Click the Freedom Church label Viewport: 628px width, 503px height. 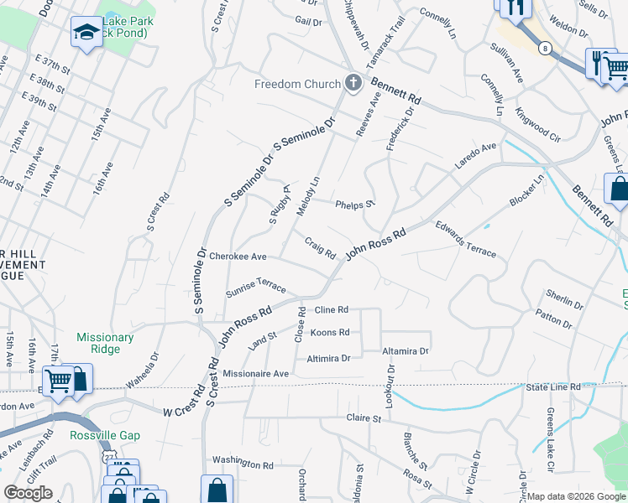(298, 84)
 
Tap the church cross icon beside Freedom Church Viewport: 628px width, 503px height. (353, 83)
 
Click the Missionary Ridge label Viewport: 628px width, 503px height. (105, 344)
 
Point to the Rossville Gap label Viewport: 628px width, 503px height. (106, 435)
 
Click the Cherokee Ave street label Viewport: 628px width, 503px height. (238, 257)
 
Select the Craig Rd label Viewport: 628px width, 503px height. (320, 249)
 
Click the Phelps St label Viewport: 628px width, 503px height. (355, 205)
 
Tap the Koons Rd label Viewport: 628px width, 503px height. (330, 333)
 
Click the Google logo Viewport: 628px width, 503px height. (29, 493)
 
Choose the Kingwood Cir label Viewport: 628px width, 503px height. (538, 123)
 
